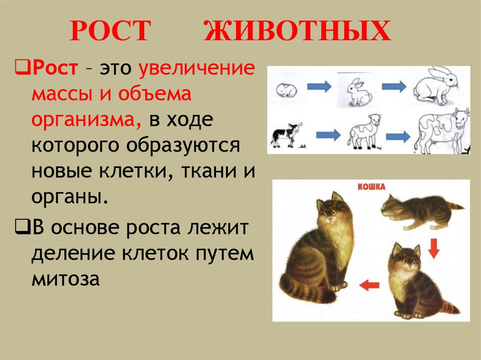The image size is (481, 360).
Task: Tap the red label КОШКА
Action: [x=372, y=187]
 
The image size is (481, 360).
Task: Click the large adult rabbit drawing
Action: [x=435, y=86]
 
